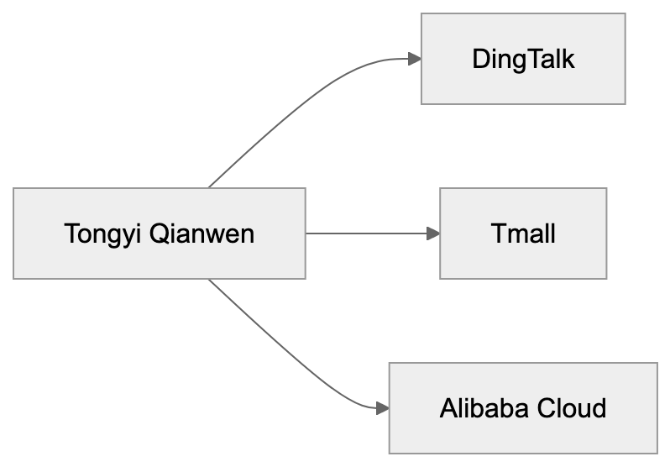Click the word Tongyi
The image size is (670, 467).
(x=102, y=233)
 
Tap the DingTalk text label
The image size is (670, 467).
(x=523, y=59)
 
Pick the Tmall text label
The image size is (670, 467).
(x=523, y=233)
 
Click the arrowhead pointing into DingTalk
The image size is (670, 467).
(x=413, y=59)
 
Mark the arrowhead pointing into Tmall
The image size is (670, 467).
(x=433, y=233)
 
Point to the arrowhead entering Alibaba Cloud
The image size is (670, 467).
(x=382, y=408)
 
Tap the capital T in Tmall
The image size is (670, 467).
(x=498, y=233)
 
